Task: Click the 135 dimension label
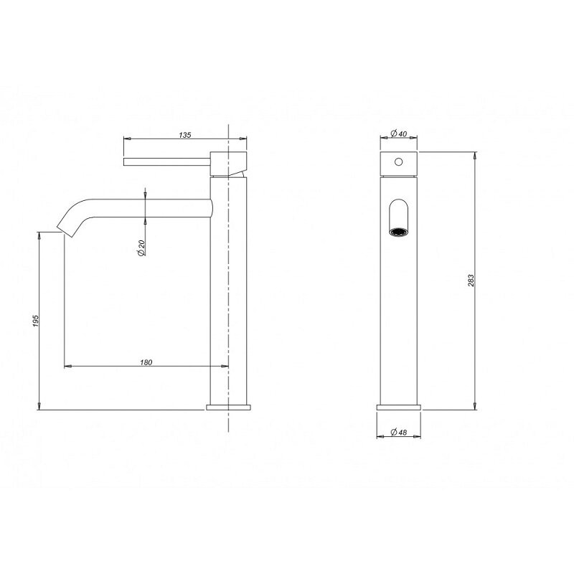pyautogui.click(x=185, y=135)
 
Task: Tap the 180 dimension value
pyautogui.click(x=146, y=362)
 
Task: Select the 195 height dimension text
pyautogui.click(x=35, y=321)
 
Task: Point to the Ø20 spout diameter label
pyautogui.click(x=141, y=248)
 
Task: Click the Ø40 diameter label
pyautogui.click(x=399, y=133)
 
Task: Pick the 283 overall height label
pyautogui.click(x=471, y=280)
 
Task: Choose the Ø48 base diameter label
pyautogui.click(x=399, y=432)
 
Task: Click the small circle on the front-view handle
pyautogui.click(x=399, y=161)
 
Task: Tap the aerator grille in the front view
pyautogui.click(x=399, y=232)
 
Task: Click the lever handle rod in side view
pyautogui.click(x=167, y=162)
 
